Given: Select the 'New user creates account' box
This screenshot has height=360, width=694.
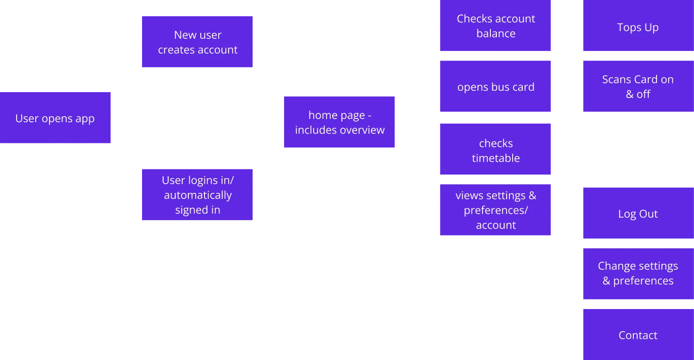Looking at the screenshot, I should pyautogui.click(x=198, y=43).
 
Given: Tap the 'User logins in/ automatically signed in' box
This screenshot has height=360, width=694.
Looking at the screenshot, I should pyautogui.click(x=198, y=195).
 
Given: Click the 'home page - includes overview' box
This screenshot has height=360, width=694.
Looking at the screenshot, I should pyautogui.click(x=339, y=123).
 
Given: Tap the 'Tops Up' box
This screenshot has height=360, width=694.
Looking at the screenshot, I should pyautogui.click(x=638, y=27).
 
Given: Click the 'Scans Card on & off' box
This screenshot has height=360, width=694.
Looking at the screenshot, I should pyautogui.click(x=638, y=87).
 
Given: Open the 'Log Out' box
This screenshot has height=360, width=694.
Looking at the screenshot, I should pyautogui.click(x=638, y=213).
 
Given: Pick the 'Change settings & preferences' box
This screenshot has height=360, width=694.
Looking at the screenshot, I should pyautogui.click(x=638, y=273).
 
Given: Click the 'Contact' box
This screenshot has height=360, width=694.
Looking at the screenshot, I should pyautogui.click(x=638, y=335).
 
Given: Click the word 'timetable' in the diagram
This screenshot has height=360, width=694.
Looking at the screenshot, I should pyautogui.click(x=496, y=158).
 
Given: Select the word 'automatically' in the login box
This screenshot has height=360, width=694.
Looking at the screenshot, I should pyautogui.click(x=198, y=195).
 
